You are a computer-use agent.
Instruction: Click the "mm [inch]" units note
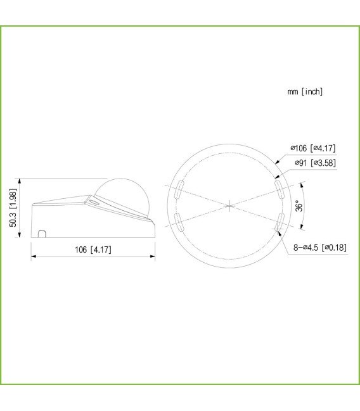(305, 92)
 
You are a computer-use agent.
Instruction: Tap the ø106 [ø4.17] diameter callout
(312, 148)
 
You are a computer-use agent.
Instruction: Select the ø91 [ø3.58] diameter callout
(315, 163)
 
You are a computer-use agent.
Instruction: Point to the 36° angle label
(299, 206)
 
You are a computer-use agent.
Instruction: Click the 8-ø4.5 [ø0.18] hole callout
(319, 247)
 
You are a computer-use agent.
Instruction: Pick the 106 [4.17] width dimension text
(93, 250)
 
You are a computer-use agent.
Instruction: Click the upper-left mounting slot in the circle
(179, 187)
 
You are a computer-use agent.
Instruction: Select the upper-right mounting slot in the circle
(280, 188)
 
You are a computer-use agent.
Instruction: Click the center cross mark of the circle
(229, 205)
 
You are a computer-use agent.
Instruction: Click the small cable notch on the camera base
(42, 234)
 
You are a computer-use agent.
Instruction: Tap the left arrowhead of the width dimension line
(34, 256)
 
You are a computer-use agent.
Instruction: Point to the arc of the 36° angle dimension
(306, 206)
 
